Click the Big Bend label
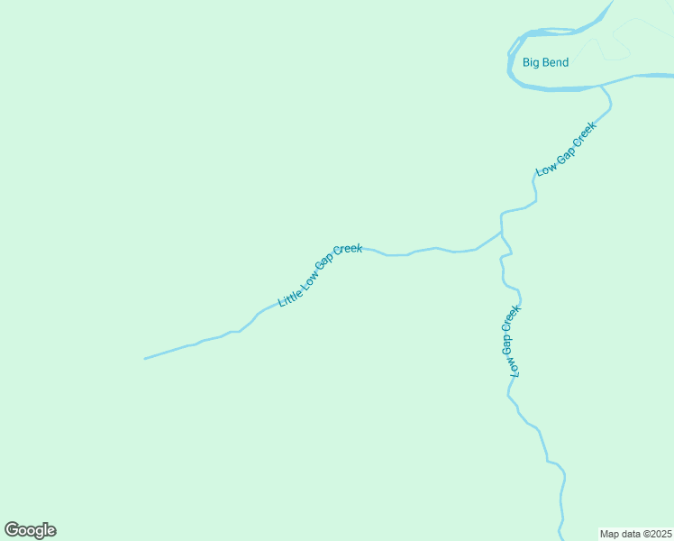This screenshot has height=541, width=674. [545, 63]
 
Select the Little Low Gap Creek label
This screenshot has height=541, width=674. [321, 275]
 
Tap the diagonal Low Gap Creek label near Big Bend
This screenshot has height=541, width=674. [566, 149]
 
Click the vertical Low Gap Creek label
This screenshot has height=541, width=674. [511, 341]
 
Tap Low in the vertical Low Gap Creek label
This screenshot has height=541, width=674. [515, 366]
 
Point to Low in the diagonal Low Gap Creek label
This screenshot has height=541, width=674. [544, 168]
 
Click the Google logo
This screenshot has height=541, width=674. [30, 530]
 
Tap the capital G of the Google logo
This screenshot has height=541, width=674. [12, 530]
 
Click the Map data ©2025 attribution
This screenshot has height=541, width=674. [636, 534]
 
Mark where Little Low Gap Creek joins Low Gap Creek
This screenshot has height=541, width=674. [501, 232]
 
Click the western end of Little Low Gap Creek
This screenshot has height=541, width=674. [145, 359]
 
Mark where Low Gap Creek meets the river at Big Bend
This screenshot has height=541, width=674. [601, 87]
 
